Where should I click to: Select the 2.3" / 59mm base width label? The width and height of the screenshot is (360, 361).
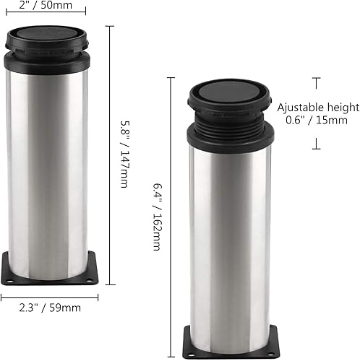49,307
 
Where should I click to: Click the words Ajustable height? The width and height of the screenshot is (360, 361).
318,108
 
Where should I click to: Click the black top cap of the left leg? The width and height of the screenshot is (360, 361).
47,34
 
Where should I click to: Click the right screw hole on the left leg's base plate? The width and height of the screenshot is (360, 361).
89,279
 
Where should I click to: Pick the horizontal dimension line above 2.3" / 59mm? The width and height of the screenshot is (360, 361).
49,295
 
